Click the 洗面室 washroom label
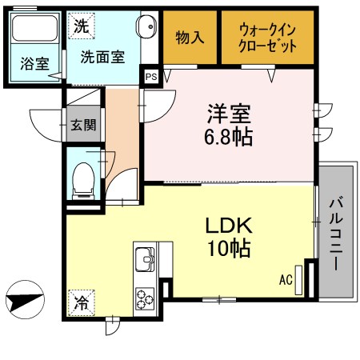click(x=102, y=58)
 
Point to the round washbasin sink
click(x=147, y=27)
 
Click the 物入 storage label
click(x=190, y=38)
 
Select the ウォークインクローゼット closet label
click(x=268, y=38)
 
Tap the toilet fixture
click(x=83, y=180)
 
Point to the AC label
click(x=286, y=280)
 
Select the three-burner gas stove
click(x=146, y=299)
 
